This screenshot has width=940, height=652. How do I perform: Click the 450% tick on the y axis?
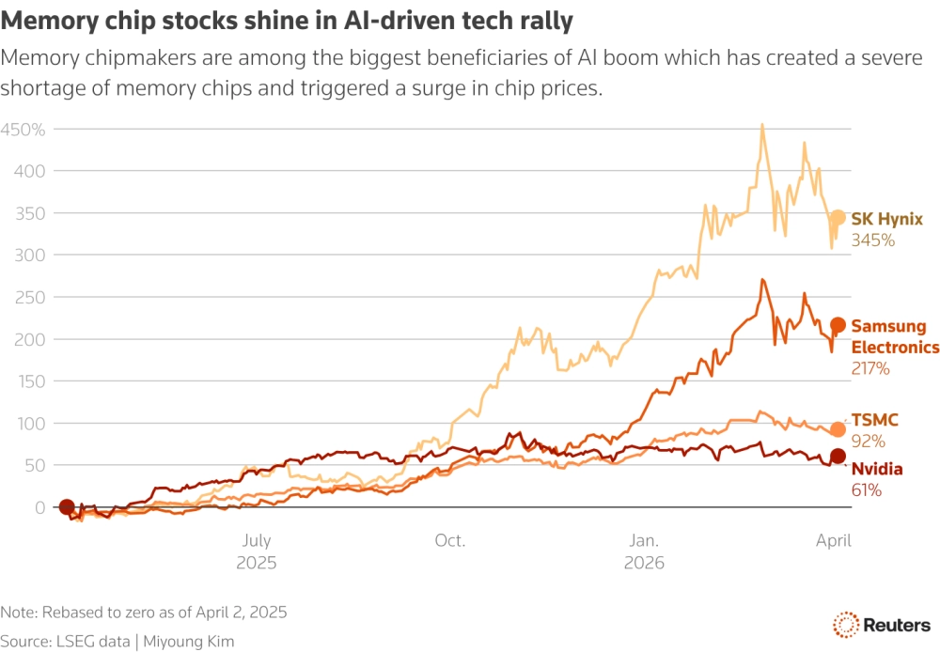coord(23,129)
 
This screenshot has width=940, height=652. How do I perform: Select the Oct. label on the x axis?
coord(450,541)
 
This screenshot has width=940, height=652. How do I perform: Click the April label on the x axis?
coord(833,541)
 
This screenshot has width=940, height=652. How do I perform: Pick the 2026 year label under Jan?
coord(644,563)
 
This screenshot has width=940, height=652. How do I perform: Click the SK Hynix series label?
coord(887,219)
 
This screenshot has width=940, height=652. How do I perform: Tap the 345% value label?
coord(872,241)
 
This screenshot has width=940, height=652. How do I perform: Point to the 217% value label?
coord(870,369)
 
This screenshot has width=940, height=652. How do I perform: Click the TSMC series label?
coord(873,420)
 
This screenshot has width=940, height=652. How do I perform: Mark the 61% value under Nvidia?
coord(866,489)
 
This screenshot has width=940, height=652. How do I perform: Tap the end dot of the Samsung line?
coord(838,326)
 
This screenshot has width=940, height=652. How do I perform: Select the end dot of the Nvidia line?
coord(838,458)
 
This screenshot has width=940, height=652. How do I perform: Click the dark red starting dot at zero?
coord(67,507)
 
